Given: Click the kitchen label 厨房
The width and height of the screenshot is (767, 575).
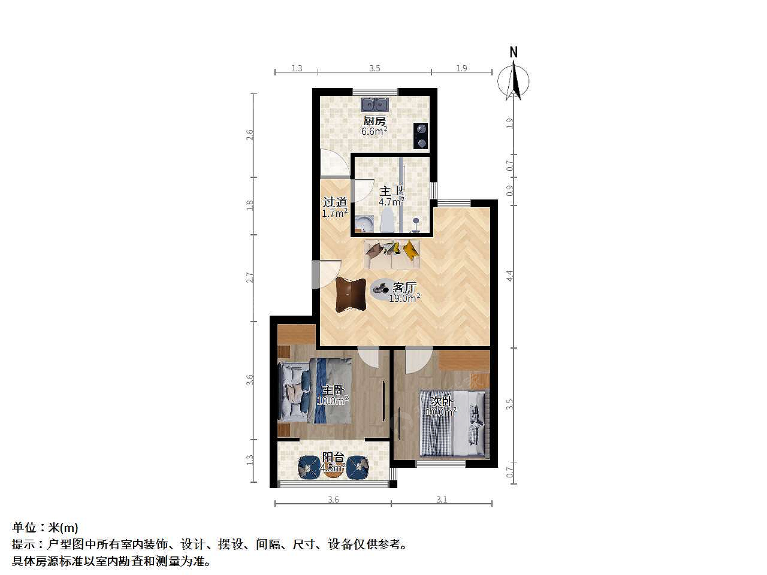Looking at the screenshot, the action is point(375,121).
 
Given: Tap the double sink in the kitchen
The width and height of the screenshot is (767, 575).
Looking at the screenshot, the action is point(375,104).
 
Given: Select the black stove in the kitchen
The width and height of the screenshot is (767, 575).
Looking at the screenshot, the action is point(421,136).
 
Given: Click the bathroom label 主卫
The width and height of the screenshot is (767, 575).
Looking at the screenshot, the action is point(391,191).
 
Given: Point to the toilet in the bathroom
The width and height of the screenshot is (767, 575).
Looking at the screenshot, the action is point(387,220).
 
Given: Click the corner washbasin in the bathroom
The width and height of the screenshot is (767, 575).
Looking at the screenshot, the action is point(364,223).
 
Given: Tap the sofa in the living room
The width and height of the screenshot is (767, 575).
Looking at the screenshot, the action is point(392,255).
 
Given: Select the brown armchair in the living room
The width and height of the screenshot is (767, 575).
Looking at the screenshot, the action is point(351,294).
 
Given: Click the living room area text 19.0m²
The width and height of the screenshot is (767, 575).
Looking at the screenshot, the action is point(404,298).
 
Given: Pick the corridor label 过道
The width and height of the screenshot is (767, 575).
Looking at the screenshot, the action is point(335,202).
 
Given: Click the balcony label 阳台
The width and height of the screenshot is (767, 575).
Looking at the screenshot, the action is point(333,457).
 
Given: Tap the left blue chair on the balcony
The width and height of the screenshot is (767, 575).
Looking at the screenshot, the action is point(309,467).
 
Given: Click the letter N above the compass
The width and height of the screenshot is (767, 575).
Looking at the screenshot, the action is point(514,52).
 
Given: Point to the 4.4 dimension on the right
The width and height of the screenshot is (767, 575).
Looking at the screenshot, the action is point(510,276).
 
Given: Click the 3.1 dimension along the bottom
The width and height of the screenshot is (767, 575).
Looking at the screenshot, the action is point(442,500).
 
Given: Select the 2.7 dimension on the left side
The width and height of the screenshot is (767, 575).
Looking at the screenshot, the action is point(249,277).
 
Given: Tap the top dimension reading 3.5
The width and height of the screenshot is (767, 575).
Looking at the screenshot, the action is point(375,68).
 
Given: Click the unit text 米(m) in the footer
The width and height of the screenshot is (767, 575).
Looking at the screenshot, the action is point(64,527).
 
